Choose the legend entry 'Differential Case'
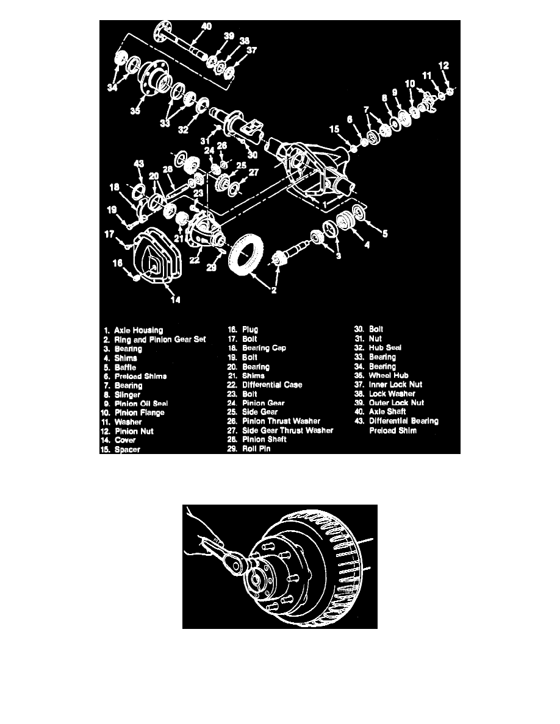[271, 385]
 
